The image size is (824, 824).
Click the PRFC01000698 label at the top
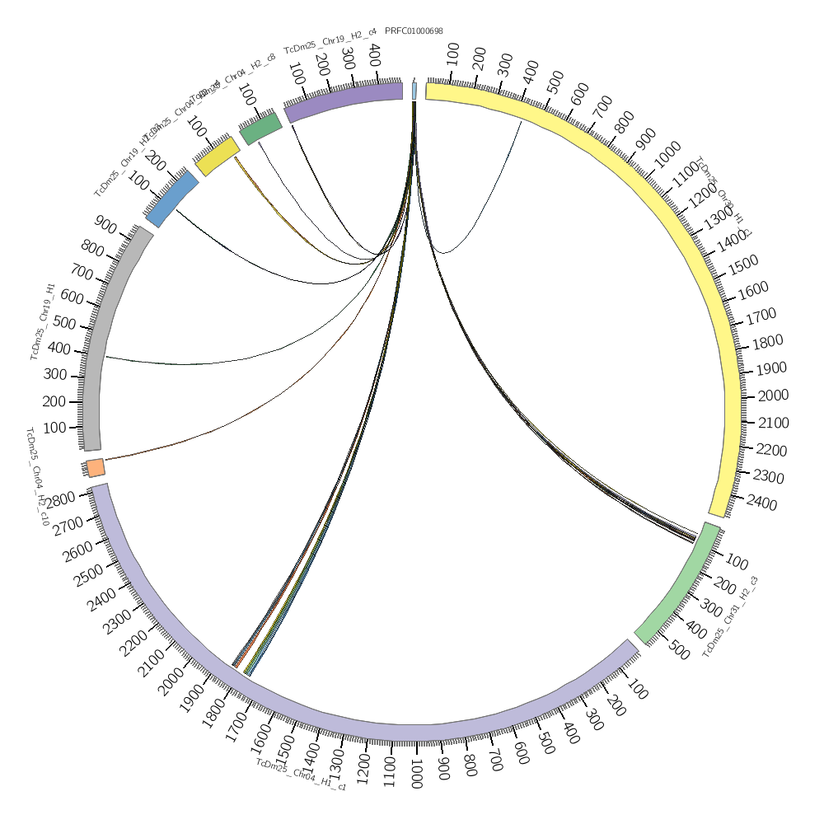click(414, 31)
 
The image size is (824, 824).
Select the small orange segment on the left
click(96, 468)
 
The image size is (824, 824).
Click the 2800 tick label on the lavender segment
click(63, 498)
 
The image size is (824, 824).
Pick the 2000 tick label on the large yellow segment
click(772, 396)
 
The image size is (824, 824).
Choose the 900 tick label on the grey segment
click(105, 222)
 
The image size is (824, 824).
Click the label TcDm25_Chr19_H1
click(43, 321)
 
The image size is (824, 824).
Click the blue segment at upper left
click(172, 199)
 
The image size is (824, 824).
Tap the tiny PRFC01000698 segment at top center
click(414, 91)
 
